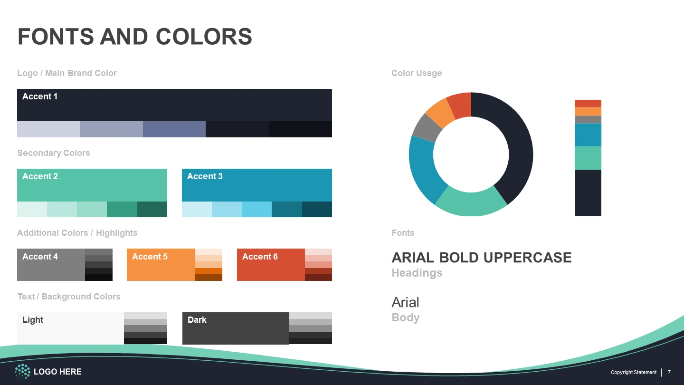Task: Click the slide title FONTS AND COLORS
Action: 135,37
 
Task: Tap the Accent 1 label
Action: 40,96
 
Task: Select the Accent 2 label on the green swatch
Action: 40,176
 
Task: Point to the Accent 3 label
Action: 205,176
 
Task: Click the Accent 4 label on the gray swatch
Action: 40,257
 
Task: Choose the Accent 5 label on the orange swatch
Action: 150,257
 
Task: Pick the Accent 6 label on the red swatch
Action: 260,257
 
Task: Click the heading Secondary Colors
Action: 53,153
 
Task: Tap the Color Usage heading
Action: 417,73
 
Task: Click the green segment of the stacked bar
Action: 588,158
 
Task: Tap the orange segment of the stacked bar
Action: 588,112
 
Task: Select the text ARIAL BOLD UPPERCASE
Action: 482,258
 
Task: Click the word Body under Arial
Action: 406,318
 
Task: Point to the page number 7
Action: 669,372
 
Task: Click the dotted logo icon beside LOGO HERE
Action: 23,372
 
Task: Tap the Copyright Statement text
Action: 633,372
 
